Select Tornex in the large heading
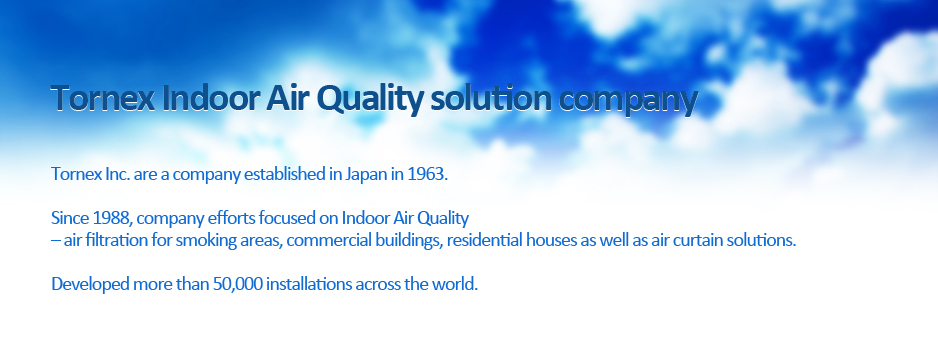pos(103,99)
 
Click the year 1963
pos(427,175)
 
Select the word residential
pos(484,240)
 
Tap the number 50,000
pos(237,284)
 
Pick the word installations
pos(309,284)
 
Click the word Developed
pos(90,285)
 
